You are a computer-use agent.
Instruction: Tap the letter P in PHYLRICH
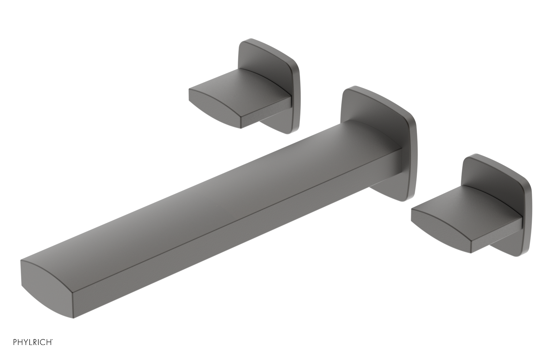tap(15, 343)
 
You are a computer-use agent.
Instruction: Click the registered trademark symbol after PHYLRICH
tap(52, 340)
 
